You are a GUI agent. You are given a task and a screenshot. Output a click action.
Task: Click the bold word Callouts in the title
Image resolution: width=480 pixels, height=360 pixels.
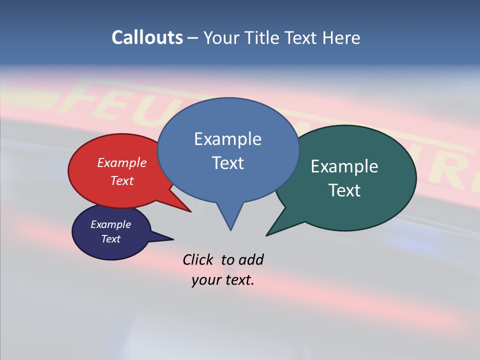tap(147, 37)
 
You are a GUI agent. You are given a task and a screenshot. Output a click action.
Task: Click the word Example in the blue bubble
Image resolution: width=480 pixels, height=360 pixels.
tap(227, 138)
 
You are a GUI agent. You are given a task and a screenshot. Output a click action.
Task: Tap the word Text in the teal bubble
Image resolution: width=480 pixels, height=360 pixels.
tap(344, 190)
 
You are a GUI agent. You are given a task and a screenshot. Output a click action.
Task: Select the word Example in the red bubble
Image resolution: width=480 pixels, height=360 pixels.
tap(122, 162)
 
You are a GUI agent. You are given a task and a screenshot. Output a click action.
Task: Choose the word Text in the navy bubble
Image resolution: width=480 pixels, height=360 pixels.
tap(111, 239)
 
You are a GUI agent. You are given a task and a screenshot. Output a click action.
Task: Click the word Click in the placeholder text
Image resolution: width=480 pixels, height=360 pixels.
tap(197, 259)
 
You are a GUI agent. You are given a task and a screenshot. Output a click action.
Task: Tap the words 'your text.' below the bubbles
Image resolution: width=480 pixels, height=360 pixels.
tap(223, 280)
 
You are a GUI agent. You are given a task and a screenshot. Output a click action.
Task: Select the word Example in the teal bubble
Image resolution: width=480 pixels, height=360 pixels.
tap(344, 166)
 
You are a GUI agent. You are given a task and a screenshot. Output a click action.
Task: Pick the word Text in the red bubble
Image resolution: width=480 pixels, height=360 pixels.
tap(122, 180)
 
